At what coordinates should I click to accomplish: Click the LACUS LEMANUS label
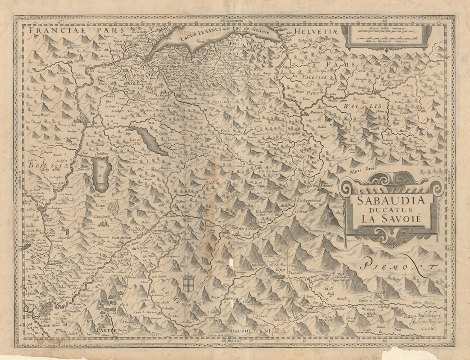(x=201, y=34)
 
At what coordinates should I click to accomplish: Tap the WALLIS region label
(x=363, y=105)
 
